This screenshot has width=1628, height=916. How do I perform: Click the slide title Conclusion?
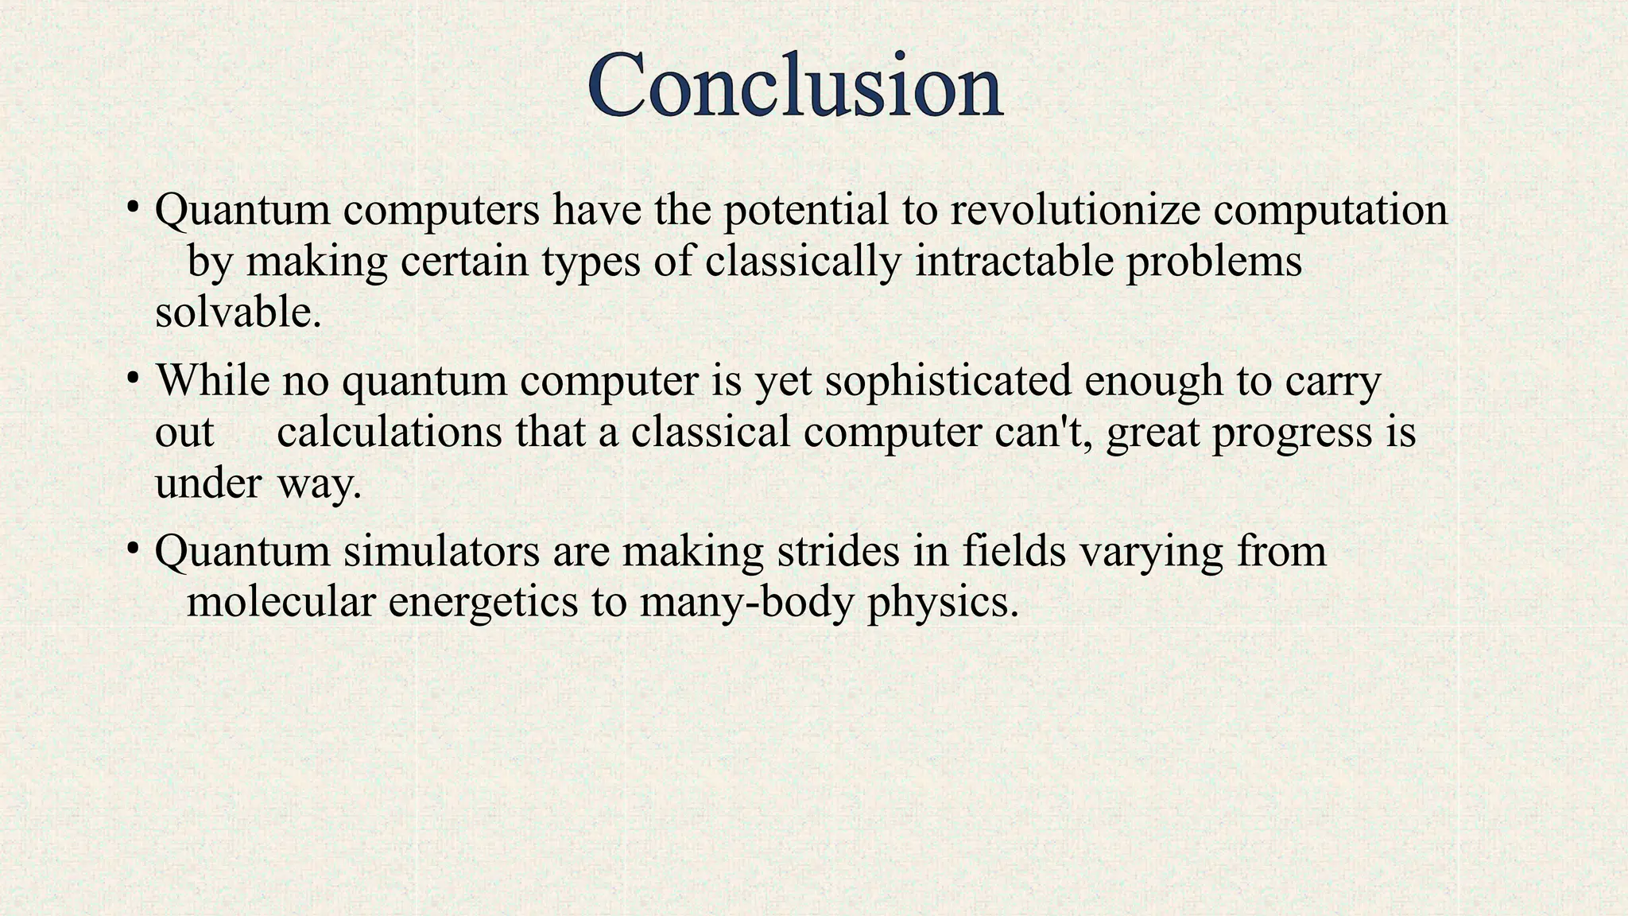[x=795, y=86]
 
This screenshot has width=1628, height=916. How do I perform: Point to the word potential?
[x=805, y=210]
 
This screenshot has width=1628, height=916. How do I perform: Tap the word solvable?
[x=238, y=312]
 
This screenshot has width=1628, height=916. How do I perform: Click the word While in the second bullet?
[x=212, y=380]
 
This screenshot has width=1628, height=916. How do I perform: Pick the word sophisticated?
[x=948, y=380]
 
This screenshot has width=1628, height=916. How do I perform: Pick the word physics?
[x=943, y=602]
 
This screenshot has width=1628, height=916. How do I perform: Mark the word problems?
[x=1214, y=261]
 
